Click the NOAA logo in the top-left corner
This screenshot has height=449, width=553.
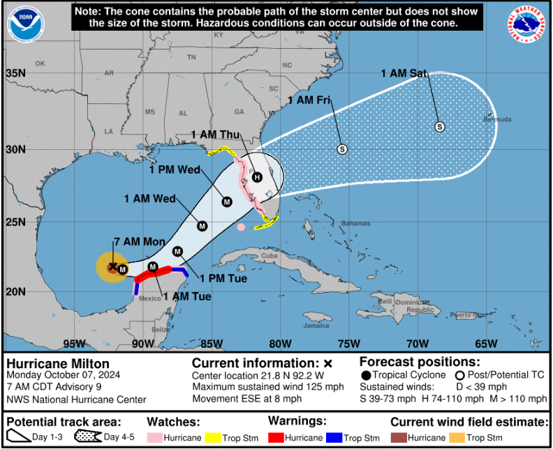25,23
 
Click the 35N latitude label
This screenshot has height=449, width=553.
15,73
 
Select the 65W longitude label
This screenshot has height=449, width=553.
486,343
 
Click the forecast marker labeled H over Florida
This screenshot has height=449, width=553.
258,177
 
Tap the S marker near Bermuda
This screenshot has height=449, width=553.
439,126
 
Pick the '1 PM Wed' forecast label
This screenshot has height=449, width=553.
175,168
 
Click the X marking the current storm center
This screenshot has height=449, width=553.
112,266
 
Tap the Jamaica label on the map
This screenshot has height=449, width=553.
316,325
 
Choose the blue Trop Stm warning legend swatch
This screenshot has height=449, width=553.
342,438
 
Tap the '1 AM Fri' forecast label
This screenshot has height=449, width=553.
309,100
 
